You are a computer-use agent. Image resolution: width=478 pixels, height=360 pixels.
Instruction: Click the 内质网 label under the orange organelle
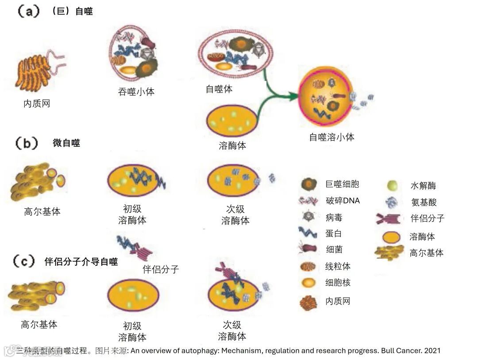pyautogui.click(x=37, y=104)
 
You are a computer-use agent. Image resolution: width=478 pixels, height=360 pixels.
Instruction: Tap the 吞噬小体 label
pyautogui.click(x=136, y=92)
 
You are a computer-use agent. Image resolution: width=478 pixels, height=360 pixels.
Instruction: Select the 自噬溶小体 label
pyautogui.click(x=332, y=137)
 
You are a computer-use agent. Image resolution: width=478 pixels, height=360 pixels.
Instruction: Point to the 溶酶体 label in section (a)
pyautogui.click(x=232, y=146)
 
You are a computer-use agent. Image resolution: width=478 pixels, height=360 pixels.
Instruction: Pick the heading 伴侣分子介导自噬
pyautogui.click(x=81, y=261)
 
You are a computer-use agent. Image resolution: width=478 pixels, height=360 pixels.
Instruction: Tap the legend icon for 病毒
pyautogui.click(x=308, y=217)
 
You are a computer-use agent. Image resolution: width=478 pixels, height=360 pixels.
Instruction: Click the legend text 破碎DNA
pyautogui.click(x=343, y=201)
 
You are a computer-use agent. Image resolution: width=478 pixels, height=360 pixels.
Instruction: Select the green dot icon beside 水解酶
pyautogui.click(x=392, y=186)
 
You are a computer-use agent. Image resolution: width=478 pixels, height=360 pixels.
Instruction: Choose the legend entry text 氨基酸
pyautogui.click(x=424, y=203)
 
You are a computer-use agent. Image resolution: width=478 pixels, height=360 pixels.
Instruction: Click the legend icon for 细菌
pyautogui.click(x=308, y=249)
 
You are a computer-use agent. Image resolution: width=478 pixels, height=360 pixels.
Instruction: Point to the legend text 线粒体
pyautogui.click(x=338, y=266)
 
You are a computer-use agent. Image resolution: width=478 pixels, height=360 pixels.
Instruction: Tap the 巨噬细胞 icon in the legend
pyautogui.click(x=308, y=184)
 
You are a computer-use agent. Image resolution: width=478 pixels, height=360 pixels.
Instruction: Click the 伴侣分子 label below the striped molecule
pyautogui.click(x=161, y=269)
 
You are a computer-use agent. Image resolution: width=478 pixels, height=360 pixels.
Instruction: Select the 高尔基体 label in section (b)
pyautogui.click(x=42, y=212)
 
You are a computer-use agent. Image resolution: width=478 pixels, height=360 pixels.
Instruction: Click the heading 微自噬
pyautogui.click(x=66, y=143)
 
